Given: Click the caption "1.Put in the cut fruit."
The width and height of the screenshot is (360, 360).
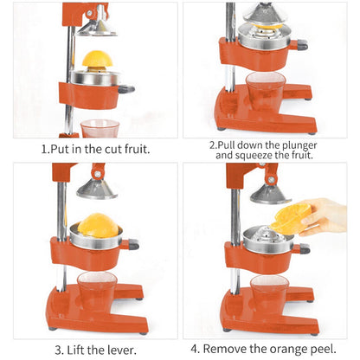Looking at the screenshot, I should (x=95, y=148).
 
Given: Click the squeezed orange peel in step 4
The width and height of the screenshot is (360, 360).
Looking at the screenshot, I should (x=292, y=219).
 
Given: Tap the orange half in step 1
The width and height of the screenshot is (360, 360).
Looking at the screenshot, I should (x=97, y=60).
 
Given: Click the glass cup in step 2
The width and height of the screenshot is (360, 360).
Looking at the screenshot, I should (x=264, y=92).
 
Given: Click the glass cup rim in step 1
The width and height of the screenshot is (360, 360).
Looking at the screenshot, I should (x=100, y=124).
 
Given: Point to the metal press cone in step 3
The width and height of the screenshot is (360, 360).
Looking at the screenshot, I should (x=98, y=185).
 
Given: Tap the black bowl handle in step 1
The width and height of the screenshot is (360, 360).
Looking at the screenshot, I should (x=126, y=88).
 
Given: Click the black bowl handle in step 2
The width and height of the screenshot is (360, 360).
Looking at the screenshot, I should (x=300, y=44).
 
